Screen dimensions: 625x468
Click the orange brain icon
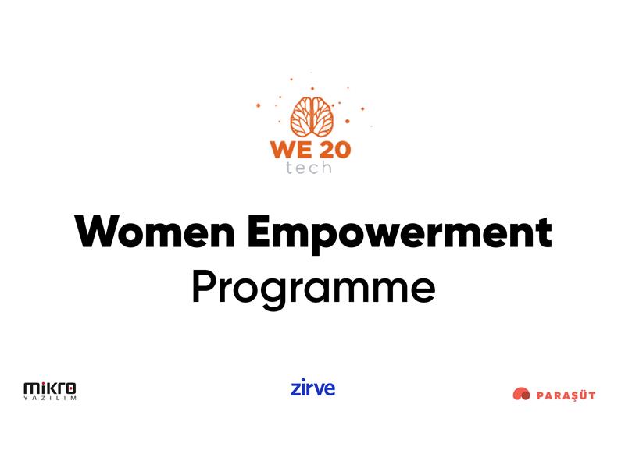click(312, 116)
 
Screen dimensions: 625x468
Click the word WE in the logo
click(291, 149)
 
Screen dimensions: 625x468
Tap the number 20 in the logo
click(335, 149)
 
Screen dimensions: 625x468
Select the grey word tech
click(309, 168)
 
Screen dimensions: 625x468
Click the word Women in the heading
click(154, 232)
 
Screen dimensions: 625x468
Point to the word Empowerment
click(399, 235)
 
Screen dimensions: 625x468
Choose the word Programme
click(313, 288)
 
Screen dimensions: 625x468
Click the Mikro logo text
click(50, 388)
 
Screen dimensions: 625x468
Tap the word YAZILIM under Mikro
click(50, 398)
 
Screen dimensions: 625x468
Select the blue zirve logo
click(313, 387)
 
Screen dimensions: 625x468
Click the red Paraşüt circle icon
click(521, 394)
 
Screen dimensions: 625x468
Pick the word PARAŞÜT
click(566, 395)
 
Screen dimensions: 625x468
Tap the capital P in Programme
click(204, 286)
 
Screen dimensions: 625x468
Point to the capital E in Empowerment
click(259, 232)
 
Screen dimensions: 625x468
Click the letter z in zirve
click(296, 388)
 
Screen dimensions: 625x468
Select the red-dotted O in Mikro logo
click(70, 388)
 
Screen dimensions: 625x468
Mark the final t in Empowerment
click(544, 233)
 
